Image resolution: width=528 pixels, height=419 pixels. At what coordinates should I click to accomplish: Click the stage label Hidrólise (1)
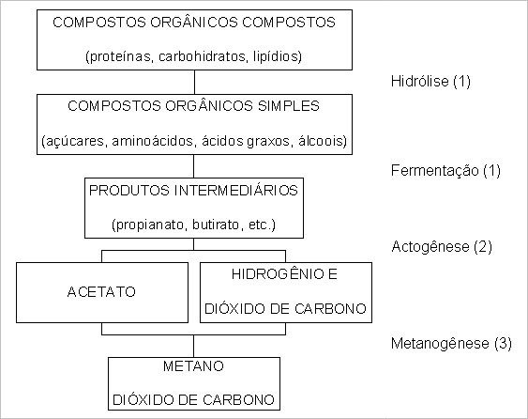pyautogui.click(x=430, y=82)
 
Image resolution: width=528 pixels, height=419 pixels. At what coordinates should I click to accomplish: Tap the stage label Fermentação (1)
pyautogui.click(x=445, y=171)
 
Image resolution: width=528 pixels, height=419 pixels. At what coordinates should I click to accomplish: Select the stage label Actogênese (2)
pyautogui.click(x=442, y=247)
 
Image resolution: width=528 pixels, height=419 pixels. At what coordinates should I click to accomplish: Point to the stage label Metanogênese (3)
pyautogui.click(x=451, y=344)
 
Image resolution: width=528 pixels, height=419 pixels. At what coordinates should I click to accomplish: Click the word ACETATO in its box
pyautogui.click(x=101, y=292)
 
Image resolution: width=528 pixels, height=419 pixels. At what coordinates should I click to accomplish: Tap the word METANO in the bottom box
pyautogui.click(x=193, y=366)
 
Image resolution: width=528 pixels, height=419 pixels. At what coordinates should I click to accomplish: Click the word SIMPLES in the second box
pyautogui.click(x=289, y=106)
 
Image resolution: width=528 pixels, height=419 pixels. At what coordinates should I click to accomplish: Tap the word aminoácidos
pyautogui.click(x=154, y=141)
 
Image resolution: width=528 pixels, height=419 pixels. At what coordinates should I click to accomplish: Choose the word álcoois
pyautogui.click(x=323, y=141)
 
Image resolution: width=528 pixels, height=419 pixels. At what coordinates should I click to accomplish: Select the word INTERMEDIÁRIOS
pyautogui.click(x=236, y=191)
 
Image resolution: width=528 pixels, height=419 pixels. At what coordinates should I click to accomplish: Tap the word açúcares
pyautogui.click(x=74, y=141)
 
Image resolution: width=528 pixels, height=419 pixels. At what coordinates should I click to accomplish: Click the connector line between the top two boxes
pyautogui.click(x=194, y=82)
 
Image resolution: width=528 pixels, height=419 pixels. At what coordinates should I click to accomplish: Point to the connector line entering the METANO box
pyautogui.click(x=193, y=346)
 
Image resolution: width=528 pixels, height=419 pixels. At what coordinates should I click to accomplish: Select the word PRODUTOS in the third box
pyautogui.click(x=129, y=191)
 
